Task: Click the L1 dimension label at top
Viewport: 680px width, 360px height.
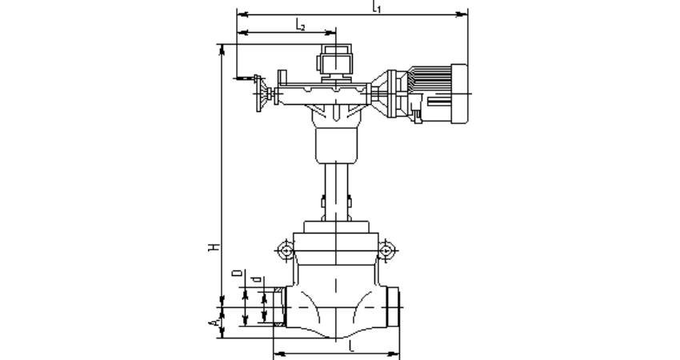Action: pos(377,6)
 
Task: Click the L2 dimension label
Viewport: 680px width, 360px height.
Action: pos(300,24)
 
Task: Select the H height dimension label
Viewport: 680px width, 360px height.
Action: pos(214,248)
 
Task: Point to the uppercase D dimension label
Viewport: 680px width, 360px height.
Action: pos(238,274)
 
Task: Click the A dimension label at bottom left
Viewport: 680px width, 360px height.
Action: pos(214,322)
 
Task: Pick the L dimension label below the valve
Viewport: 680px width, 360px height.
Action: pos(352,346)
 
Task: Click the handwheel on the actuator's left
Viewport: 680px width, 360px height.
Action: pos(259,94)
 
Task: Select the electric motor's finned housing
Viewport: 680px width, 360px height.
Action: pos(430,94)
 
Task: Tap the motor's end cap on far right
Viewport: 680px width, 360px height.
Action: pos(459,94)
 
